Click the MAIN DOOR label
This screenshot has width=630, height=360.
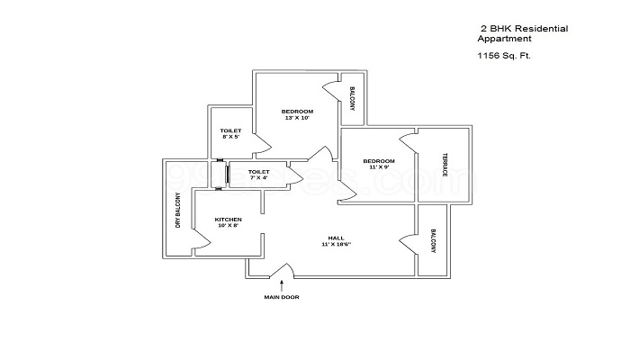click(282, 297)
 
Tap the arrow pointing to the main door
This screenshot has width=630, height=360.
click(282, 285)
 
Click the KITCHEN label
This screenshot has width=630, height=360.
click(228, 220)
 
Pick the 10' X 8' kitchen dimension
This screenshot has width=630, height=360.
click(228, 227)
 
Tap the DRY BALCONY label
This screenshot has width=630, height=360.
click(178, 210)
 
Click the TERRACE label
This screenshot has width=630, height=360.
click(444, 165)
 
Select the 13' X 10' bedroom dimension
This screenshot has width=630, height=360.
click(297, 118)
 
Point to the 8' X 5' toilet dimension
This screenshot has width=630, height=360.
click(230, 138)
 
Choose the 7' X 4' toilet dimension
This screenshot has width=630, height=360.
click(259, 178)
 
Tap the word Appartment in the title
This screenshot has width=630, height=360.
click(504, 40)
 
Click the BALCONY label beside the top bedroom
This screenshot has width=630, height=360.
click(352, 99)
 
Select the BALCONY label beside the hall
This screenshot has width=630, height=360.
click(433, 242)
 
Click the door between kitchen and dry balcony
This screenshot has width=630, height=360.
click(201, 239)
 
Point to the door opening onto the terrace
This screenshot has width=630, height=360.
click(409, 143)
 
